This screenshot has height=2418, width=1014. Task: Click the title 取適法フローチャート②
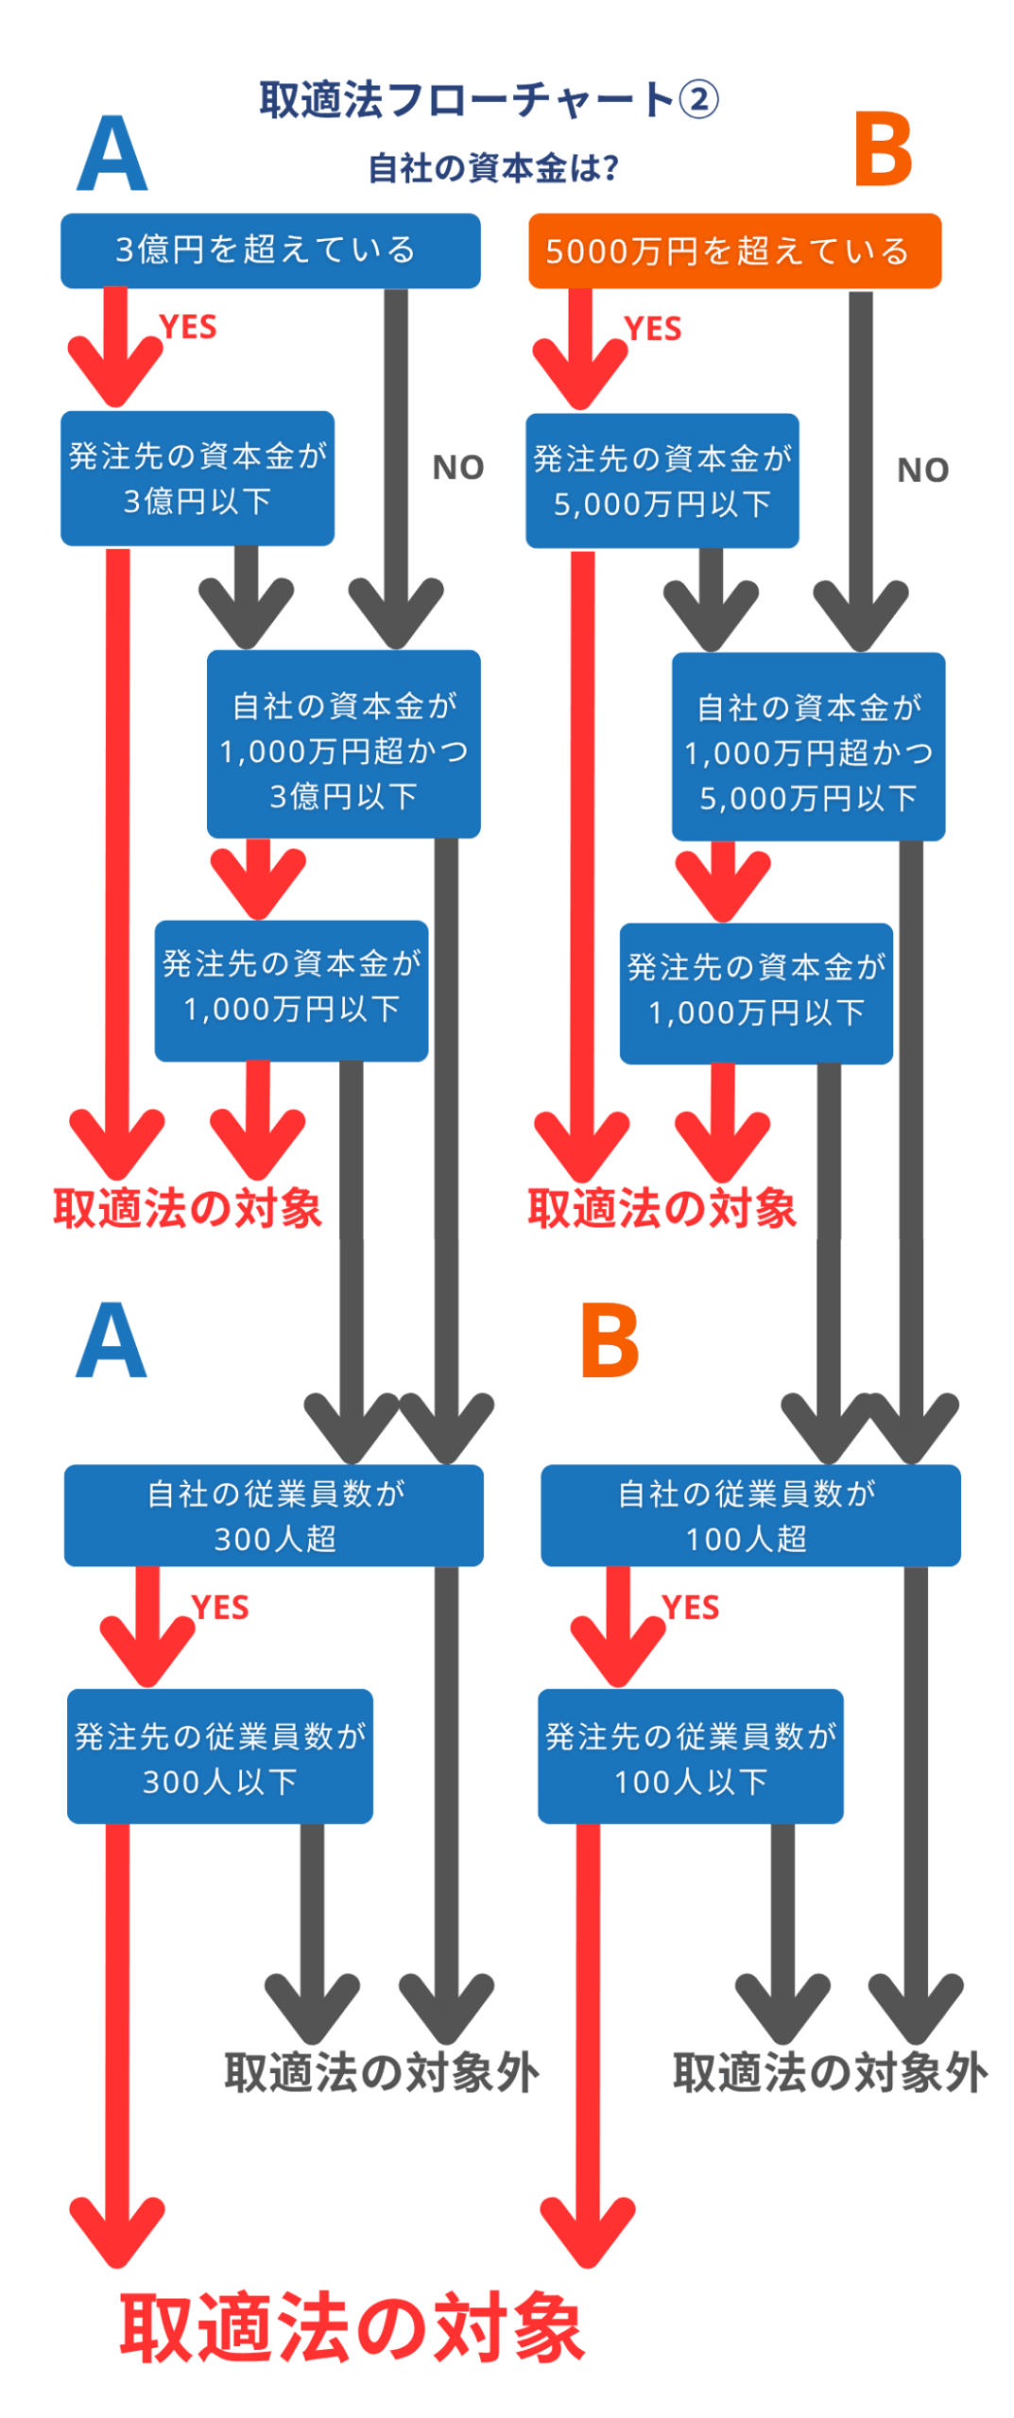click(x=488, y=100)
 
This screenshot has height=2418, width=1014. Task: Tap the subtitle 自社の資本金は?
click(x=492, y=168)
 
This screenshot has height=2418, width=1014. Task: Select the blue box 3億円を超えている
click(x=269, y=250)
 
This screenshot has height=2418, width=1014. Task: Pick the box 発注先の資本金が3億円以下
click(x=197, y=478)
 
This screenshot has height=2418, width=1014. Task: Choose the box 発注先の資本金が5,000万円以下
click(x=661, y=481)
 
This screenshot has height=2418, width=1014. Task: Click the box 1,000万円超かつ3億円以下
click(x=343, y=744)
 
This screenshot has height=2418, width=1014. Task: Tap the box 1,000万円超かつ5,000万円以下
click(x=807, y=747)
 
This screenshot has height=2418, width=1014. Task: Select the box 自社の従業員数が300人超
click(x=273, y=1515)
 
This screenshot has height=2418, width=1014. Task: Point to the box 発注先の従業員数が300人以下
click(x=219, y=1756)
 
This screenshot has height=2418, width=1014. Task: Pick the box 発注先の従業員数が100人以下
click(x=689, y=1756)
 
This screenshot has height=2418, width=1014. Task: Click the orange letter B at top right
click(x=882, y=149)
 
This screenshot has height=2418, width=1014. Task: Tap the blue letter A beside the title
click(x=112, y=154)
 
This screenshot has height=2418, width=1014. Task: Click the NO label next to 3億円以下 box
click(x=457, y=468)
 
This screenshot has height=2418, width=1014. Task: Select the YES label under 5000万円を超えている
click(x=652, y=329)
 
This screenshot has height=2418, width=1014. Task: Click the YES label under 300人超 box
click(x=219, y=1608)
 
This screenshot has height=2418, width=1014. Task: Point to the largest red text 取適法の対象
click(x=352, y=2328)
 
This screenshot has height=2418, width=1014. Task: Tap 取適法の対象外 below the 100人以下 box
click(x=829, y=2073)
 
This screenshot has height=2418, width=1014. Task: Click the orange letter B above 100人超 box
click(x=609, y=1340)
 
